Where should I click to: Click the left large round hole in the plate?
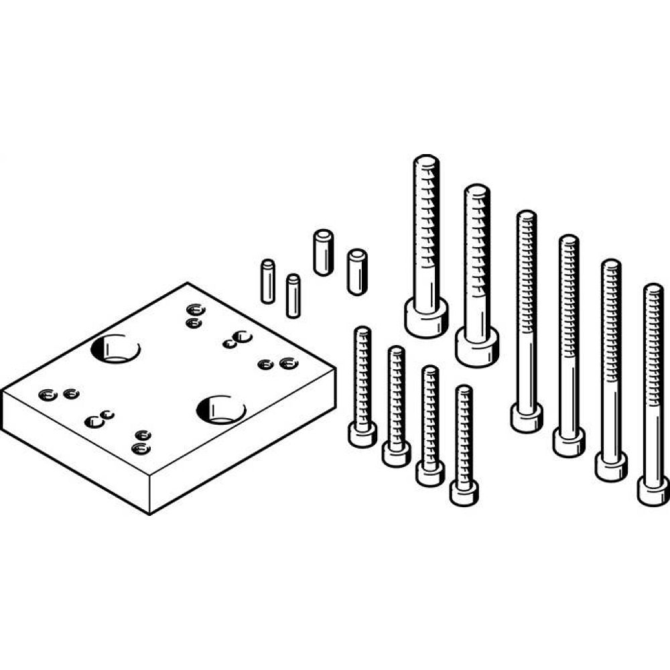[115, 348]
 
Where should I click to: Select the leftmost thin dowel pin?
[268, 281]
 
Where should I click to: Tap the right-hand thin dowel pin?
[292, 295]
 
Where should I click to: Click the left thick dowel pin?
[323, 252]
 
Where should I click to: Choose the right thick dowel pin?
[356, 271]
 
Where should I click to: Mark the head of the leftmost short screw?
[362, 435]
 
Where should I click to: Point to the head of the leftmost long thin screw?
[527, 418]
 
